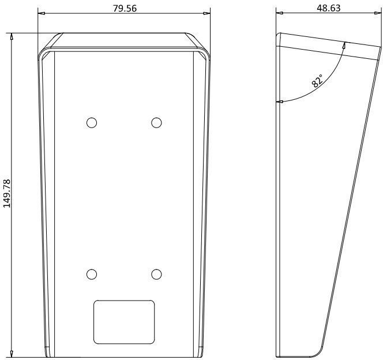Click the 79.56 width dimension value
pyautogui.click(x=125, y=8)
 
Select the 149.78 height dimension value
pyautogui.click(x=7, y=193)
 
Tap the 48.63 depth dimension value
pyautogui.click(x=328, y=8)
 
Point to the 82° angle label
pyautogui.click(x=317, y=81)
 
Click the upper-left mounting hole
pyautogui.click(x=92, y=123)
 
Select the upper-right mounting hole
pyautogui.click(x=156, y=123)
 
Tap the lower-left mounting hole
pyautogui.click(x=92, y=274)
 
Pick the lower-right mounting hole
pyautogui.click(x=156, y=274)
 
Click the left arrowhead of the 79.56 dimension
pyautogui.click(x=42, y=13)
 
